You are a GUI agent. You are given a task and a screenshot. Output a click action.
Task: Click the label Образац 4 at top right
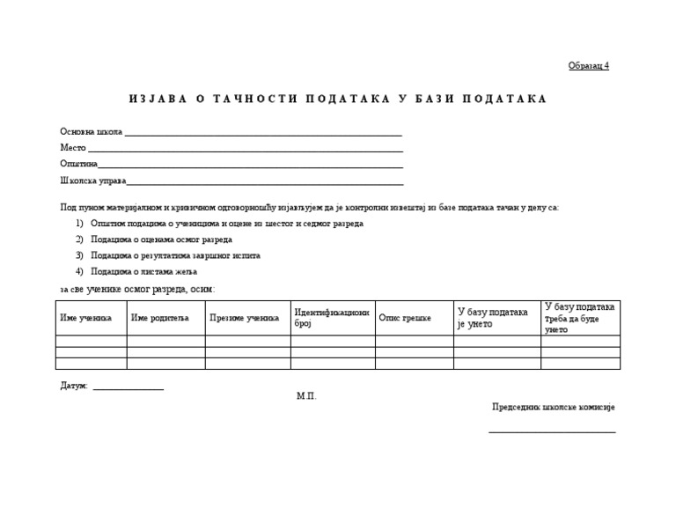pyautogui.click(x=588, y=66)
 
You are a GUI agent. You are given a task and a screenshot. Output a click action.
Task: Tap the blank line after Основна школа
pyautogui.click(x=263, y=135)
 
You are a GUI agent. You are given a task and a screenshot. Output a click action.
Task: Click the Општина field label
pyautogui.click(x=78, y=164)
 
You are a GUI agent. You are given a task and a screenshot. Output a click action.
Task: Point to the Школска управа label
pyautogui.click(x=92, y=180)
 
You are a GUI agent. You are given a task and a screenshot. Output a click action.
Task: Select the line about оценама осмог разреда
pyautogui.click(x=161, y=239)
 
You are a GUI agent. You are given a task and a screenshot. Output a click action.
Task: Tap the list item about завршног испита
pyautogui.click(x=175, y=255)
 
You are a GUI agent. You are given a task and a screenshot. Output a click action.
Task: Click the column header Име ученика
pyautogui.click(x=85, y=318)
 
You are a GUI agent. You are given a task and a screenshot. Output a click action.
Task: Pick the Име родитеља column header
pyautogui.click(x=160, y=318)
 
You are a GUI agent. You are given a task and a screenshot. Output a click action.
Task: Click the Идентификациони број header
pyautogui.click(x=331, y=318)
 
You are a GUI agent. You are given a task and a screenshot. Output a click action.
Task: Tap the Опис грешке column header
pyautogui.click(x=405, y=318)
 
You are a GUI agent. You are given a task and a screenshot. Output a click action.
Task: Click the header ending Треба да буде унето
pyautogui.click(x=580, y=318)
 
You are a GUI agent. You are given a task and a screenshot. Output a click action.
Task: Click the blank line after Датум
pyautogui.click(x=129, y=388)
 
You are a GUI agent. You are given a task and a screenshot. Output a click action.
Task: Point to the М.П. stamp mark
pyautogui.click(x=306, y=396)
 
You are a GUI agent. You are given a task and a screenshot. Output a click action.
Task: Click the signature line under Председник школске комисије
pyautogui.click(x=552, y=431)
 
